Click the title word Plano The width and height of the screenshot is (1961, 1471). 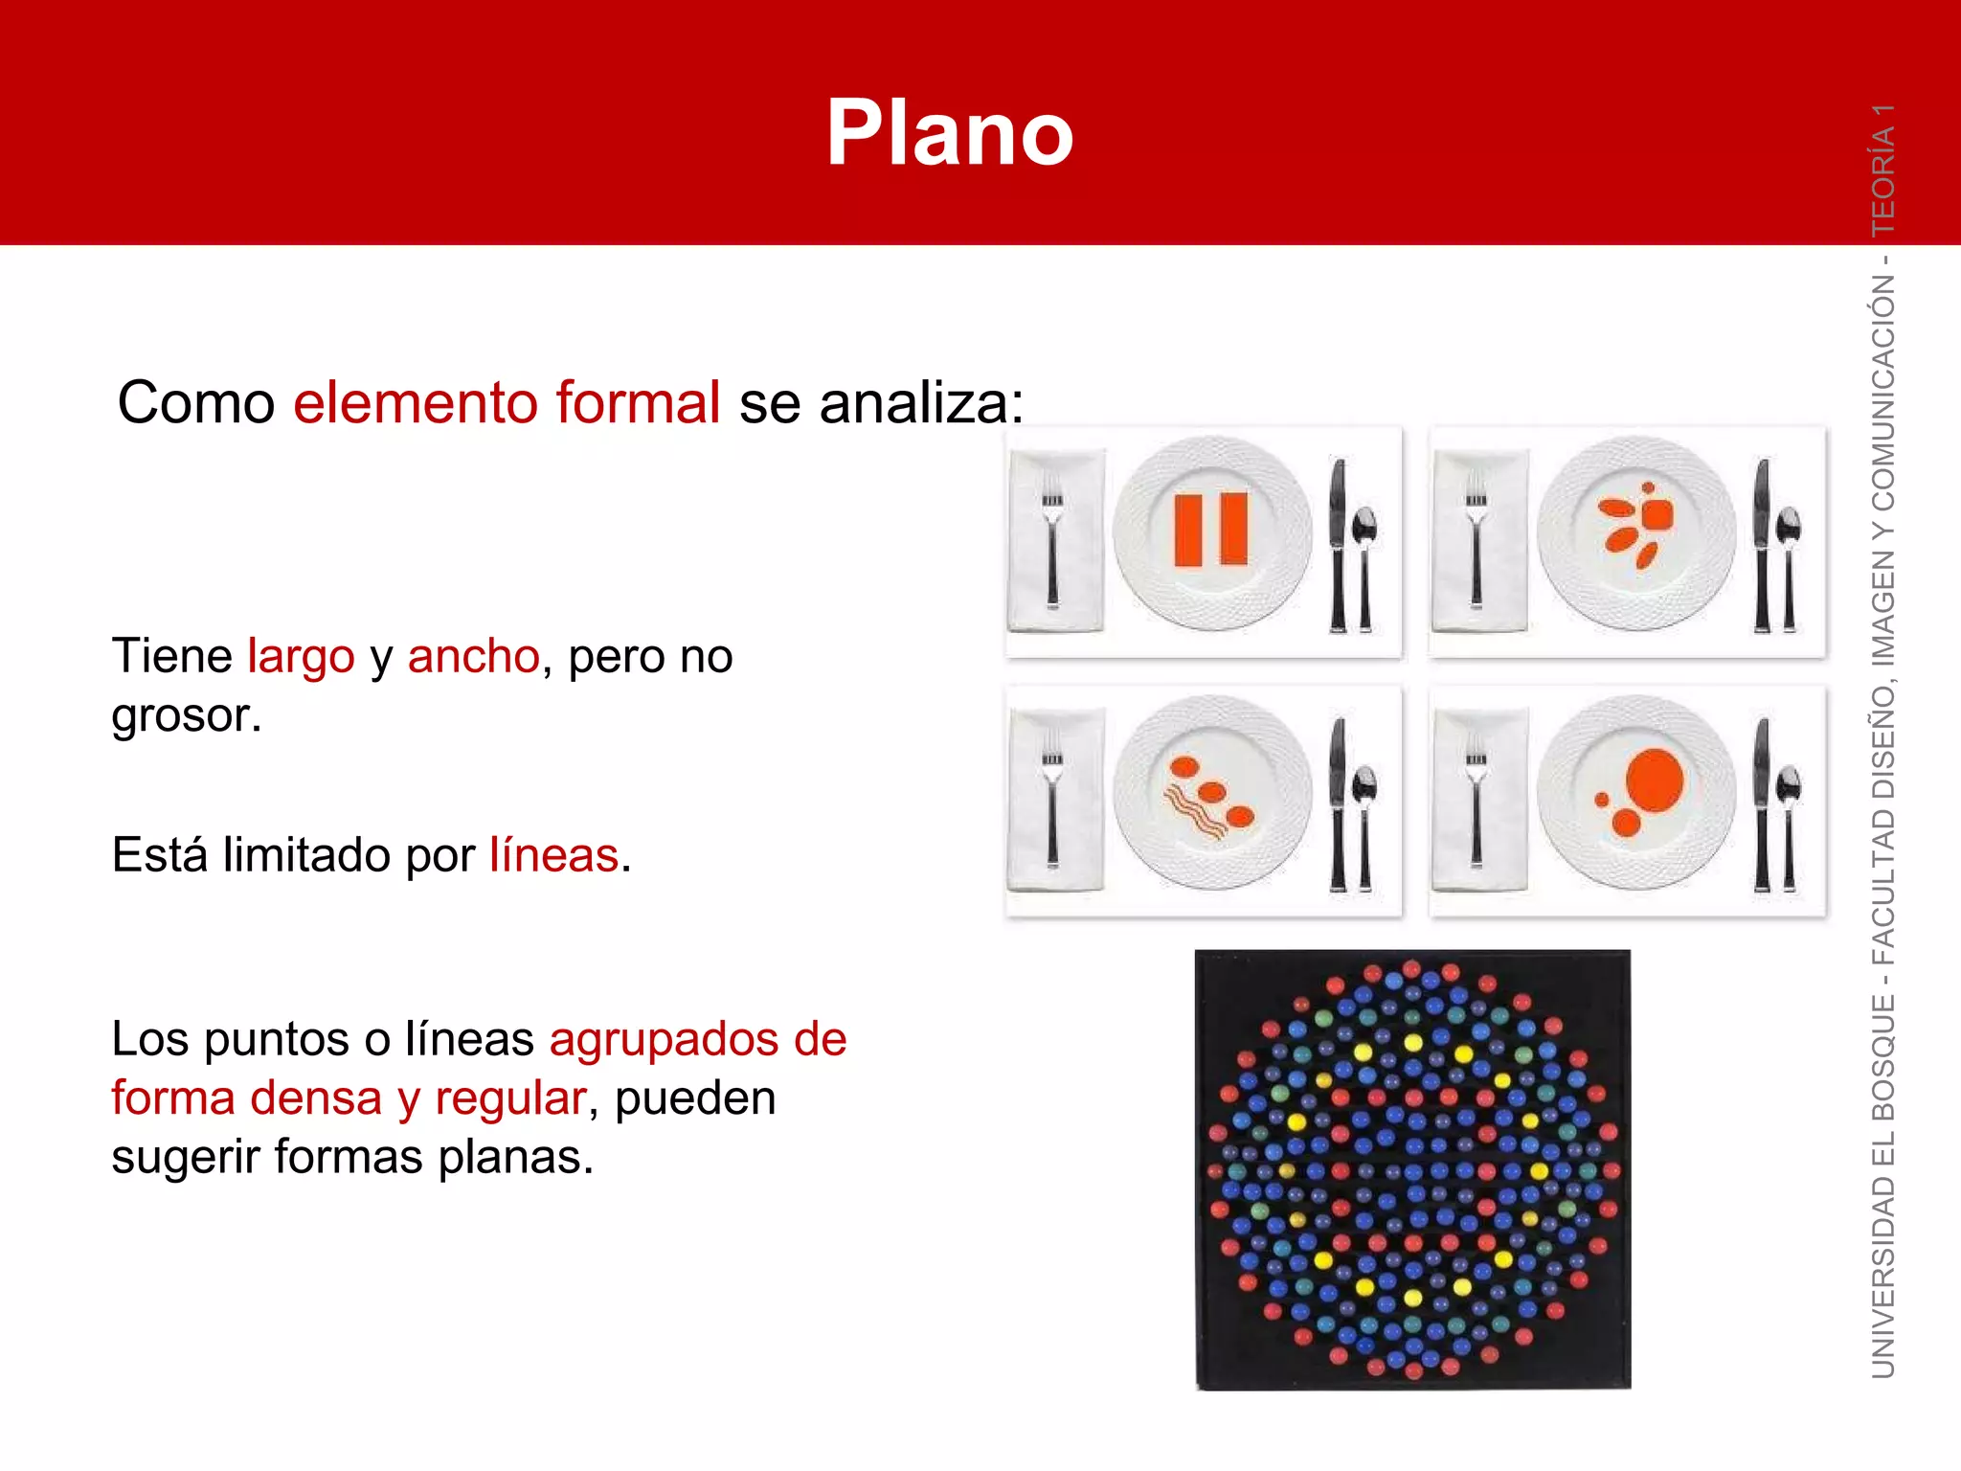tap(949, 134)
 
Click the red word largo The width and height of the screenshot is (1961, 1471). tap(301, 658)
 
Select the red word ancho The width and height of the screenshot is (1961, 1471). tap(473, 657)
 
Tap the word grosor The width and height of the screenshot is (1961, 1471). tap(185, 716)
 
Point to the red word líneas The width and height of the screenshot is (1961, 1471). tap(553, 855)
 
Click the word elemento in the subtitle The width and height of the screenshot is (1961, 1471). tap(415, 402)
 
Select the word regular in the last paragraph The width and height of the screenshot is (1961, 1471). tap(509, 1098)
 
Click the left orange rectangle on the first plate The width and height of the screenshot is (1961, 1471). tap(1188, 530)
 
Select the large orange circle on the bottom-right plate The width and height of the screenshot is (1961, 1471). tap(1654, 780)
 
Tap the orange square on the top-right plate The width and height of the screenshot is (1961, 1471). tap(1657, 514)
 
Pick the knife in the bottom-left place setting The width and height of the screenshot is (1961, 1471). tap(1338, 804)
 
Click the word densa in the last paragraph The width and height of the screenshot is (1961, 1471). tap(315, 1098)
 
